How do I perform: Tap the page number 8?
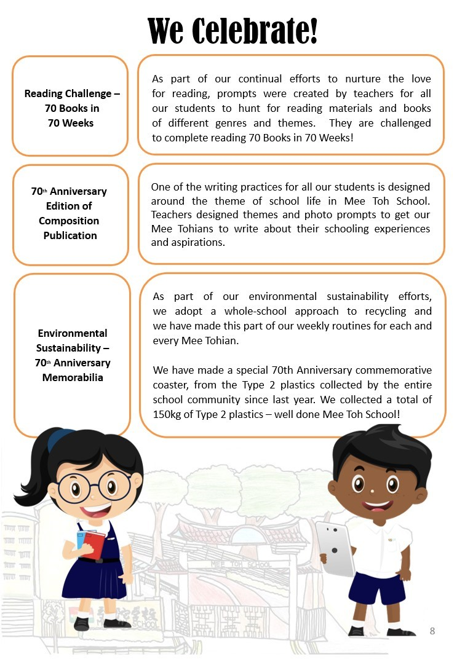(x=432, y=631)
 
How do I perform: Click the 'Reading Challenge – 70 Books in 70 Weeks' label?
(x=71, y=108)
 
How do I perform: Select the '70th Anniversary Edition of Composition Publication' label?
(x=70, y=213)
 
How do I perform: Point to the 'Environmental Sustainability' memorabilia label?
(x=73, y=355)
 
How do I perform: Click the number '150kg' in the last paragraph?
(x=168, y=414)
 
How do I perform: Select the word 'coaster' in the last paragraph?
(x=172, y=385)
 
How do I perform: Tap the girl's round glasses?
(x=101, y=486)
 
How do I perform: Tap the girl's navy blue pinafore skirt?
(x=101, y=578)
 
